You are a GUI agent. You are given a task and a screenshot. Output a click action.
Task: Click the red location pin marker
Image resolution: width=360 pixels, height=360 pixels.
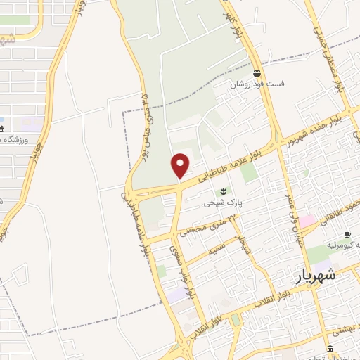[x=181, y=165]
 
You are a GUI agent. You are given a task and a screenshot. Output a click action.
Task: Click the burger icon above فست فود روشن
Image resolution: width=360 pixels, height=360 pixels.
[x=258, y=73]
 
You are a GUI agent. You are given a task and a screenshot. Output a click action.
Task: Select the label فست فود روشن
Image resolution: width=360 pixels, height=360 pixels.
[x=259, y=84]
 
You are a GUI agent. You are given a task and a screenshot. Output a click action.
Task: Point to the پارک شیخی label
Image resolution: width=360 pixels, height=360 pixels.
[x=223, y=202]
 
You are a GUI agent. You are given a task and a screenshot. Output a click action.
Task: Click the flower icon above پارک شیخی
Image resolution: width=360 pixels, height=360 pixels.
[x=224, y=191]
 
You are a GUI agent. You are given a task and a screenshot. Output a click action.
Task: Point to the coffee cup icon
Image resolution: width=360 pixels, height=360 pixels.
[x=347, y=235]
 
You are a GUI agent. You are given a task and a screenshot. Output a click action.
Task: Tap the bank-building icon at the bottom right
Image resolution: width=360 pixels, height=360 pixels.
[x=330, y=349]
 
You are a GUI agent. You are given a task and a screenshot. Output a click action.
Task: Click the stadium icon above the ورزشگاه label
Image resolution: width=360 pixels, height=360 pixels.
[x=2, y=128]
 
